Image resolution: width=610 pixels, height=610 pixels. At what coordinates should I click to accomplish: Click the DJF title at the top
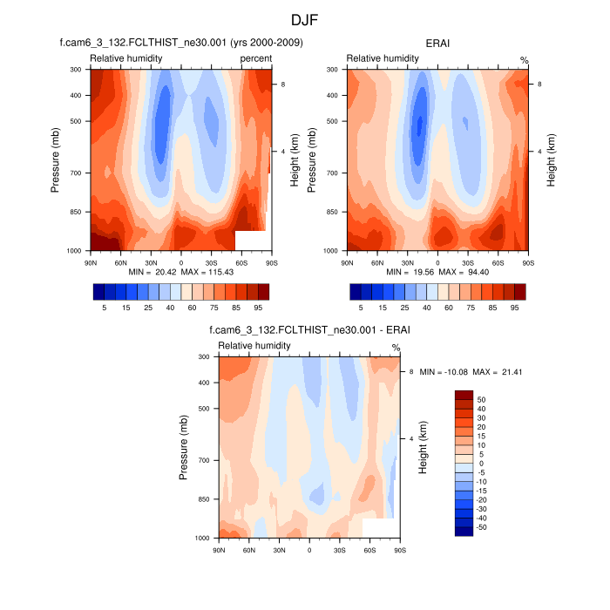(305, 18)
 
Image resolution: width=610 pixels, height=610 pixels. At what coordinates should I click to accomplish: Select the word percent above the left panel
(255, 58)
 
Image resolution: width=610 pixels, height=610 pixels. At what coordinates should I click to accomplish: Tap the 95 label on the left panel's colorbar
(258, 308)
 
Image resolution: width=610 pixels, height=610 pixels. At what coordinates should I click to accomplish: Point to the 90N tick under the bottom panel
(218, 551)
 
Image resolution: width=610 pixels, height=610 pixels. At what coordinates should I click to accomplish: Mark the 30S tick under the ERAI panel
(468, 261)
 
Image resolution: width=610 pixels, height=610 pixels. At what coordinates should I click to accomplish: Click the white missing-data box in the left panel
(250, 241)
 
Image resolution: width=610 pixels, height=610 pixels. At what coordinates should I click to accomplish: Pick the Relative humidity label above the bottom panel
(254, 346)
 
